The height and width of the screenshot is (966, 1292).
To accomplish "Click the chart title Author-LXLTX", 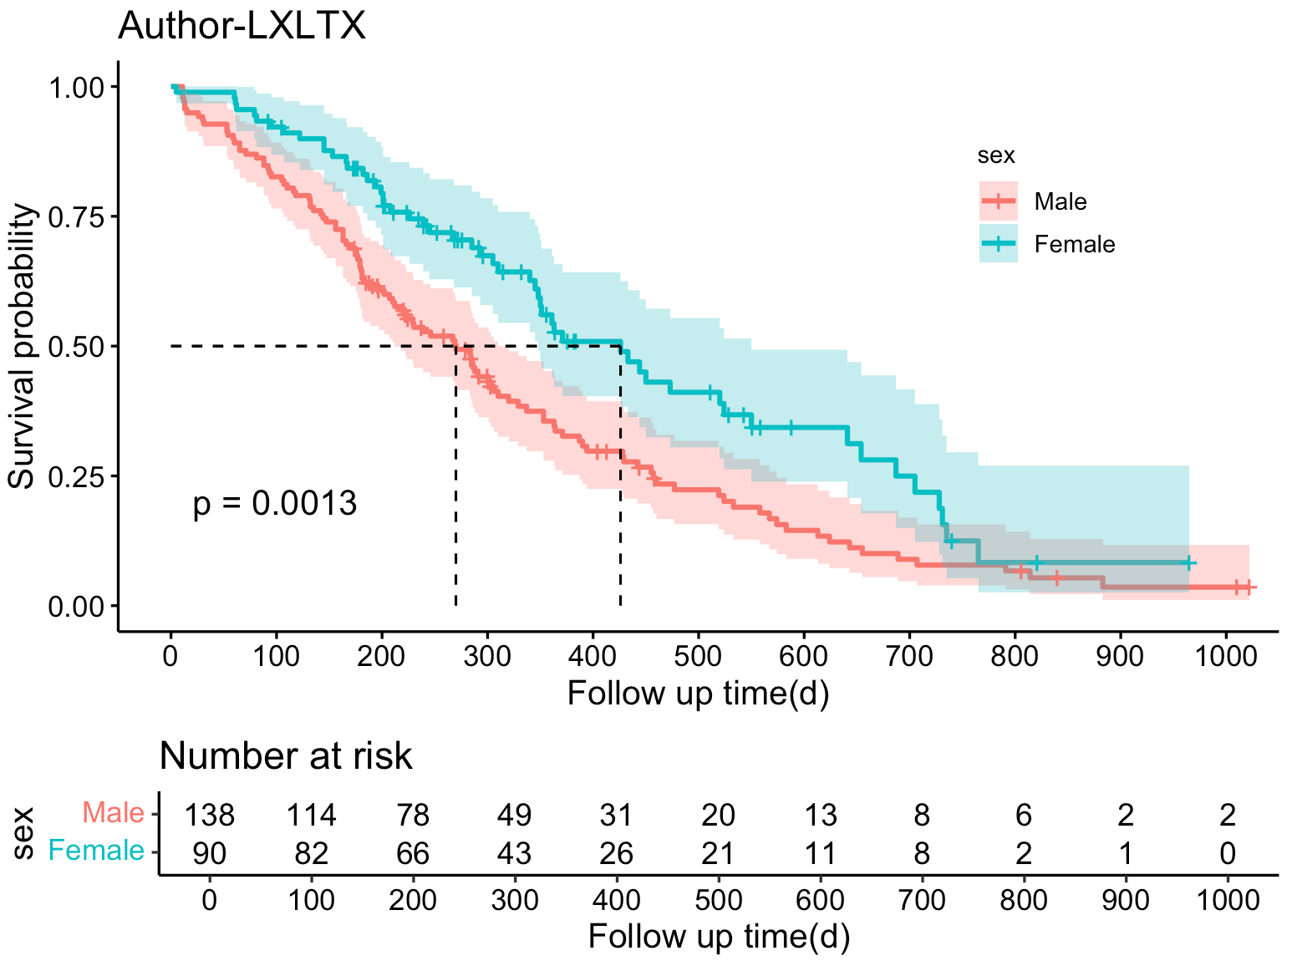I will pyautogui.click(x=242, y=26).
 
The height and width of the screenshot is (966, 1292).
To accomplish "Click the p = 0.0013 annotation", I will pyautogui.click(x=275, y=504).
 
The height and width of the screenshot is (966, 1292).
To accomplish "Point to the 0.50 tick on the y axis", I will pyautogui.click(x=82, y=346).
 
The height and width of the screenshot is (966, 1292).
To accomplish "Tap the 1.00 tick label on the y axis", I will pyautogui.click(x=82, y=87).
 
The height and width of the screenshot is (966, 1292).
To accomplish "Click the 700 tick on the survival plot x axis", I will pyautogui.click(x=908, y=656).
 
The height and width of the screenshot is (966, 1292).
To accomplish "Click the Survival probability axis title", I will pyautogui.click(x=23, y=346).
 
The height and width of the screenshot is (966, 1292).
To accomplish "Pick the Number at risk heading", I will pyautogui.click(x=286, y=755).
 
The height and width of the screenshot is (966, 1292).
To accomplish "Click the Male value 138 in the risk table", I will pyautogui.click(x=210, y=815).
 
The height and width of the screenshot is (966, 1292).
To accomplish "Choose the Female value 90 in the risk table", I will pyautogui.click(x=210, y=853).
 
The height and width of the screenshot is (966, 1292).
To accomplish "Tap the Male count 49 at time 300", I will pyautogui.click(x=514, y=815).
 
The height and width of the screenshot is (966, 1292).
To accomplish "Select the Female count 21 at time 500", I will pyautogui.click(x=718, y=853).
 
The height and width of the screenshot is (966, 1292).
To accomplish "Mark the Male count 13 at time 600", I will pyautogui.click(x=820, y=815).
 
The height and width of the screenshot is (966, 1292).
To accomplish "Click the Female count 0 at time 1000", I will pyautogui.click(x=1227, y=853).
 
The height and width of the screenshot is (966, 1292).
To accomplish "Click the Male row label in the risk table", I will pyautogui.click(x=113, y=812).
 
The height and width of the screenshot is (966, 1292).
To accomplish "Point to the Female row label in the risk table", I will pyautogui.click(x=96, y=851).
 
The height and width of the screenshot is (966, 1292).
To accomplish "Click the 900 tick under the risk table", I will pyautogui.click(x=1125, y=900).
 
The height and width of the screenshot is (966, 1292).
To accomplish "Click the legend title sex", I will pyautogui.click(x=996, y=155).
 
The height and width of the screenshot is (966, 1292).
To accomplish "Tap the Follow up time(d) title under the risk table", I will pyautogui.click(x=719, y=937).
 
